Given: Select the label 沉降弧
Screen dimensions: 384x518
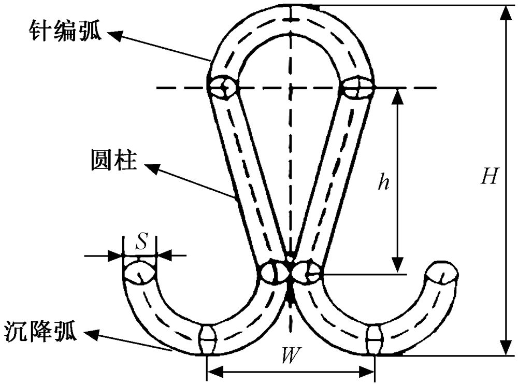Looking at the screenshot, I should (x=41, y=331).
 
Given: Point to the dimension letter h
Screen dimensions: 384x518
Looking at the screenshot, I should (x=383, y=183).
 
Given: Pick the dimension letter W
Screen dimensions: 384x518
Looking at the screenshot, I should (x=292, y=355).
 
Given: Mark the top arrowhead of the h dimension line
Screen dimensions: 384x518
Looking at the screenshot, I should (x=398, y=96).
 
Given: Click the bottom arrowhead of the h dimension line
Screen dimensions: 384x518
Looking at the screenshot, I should (x=398, y=264).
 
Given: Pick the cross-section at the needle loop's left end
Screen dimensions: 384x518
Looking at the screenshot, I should (x=222, y=87).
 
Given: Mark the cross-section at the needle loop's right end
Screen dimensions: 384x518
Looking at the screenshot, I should (x=356, y=87).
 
